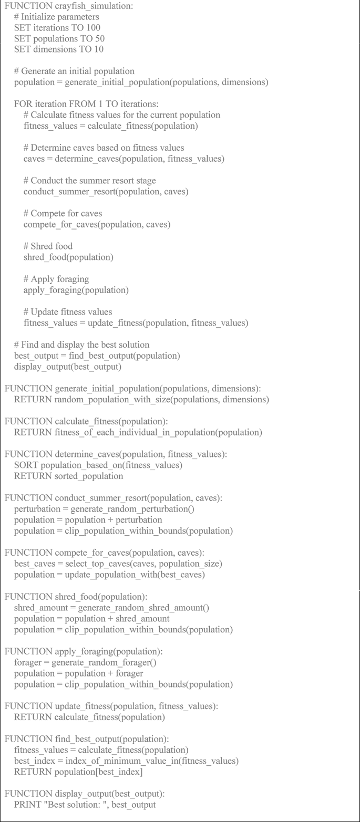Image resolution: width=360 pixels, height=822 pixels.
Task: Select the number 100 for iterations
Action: (93, 27)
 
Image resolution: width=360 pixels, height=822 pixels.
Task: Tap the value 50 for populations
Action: (99, 38)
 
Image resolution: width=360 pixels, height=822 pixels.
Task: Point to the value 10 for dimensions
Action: (97, 49)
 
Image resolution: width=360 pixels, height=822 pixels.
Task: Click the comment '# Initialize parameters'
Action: (56, 17)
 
